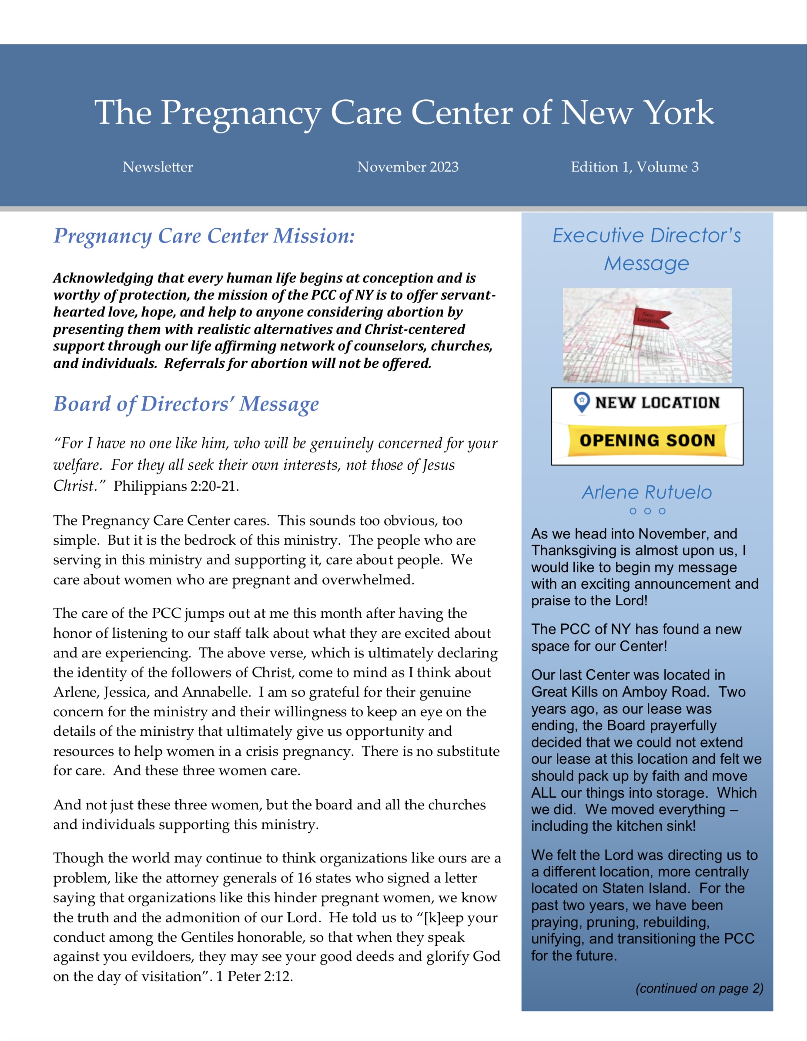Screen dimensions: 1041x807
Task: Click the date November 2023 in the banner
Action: click(x=408, y=167)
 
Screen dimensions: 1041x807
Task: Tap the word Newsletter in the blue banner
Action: click(x=157, y=167)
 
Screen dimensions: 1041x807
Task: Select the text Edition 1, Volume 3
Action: click(x=635, y=167)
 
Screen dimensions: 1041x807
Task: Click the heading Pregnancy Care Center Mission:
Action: click(x=204, y=236)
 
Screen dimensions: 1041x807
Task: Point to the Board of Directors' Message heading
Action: click(x=186, y=404)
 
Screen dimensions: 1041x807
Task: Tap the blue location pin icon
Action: click(x=581, y=402)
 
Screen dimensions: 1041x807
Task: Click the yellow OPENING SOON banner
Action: click(x=647, y=440)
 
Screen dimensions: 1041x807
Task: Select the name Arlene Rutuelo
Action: click(x=646, y=492)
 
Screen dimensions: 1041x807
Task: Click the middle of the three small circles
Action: click(x=647, y=511)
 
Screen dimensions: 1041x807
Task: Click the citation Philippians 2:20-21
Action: click(x=176, y=486)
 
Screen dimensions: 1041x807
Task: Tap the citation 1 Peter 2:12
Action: click(x=254, y=976)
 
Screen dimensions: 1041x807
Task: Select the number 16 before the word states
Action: click(x=305, y=878)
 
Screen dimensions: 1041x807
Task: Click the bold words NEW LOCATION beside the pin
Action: click(x=657, y=403)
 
